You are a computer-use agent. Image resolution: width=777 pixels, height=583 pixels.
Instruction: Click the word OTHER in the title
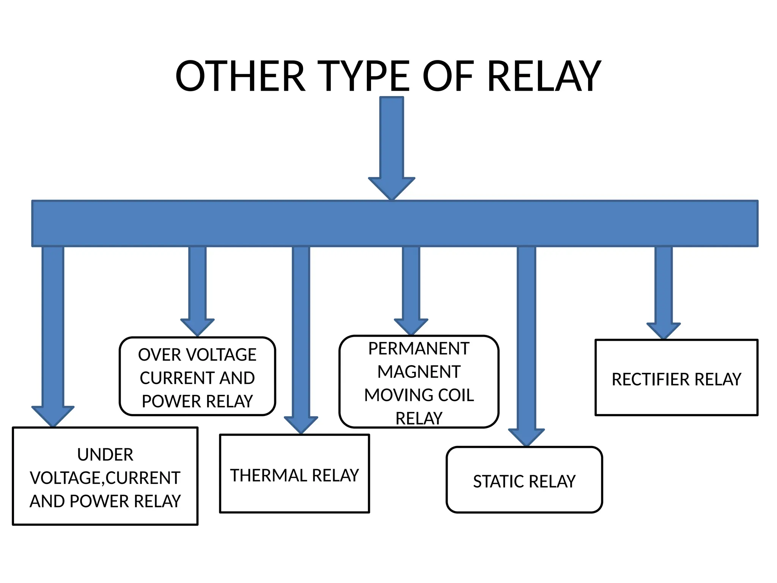[x=240, y=77]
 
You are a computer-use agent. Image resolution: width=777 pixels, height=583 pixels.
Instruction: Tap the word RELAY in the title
[x=544, y=77]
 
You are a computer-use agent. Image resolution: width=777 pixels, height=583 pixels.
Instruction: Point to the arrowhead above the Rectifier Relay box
[x=664, y=330]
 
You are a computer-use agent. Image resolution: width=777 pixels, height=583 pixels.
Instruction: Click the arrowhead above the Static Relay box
[x=526, y=437]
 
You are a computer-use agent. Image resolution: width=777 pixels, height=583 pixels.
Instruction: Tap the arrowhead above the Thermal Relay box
[x=301, y=424]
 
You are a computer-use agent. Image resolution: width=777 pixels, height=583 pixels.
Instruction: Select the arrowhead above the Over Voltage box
[x=197, y=326]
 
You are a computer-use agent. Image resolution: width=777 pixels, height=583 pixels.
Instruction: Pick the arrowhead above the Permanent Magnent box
[x=411, y=326]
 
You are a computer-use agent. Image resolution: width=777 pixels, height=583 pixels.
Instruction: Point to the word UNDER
[x=105, y=455]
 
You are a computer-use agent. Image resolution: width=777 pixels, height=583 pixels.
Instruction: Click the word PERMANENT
[x=419, y=349]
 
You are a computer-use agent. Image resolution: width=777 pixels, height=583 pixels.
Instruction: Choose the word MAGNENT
[x=419, y=372]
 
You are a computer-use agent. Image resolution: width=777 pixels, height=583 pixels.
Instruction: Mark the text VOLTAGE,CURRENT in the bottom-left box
[x=105, y=478]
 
